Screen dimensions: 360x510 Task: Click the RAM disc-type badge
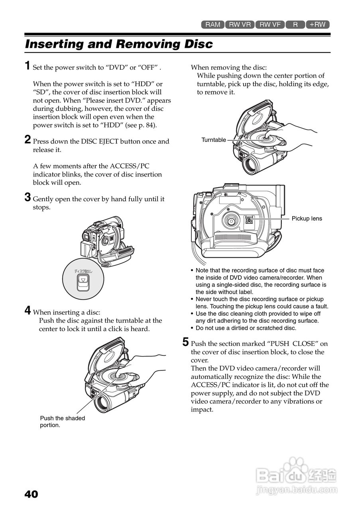(x=212, y=24)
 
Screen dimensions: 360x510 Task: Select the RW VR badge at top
(x=240, y=24)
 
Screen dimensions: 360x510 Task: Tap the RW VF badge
(x=270, y=24)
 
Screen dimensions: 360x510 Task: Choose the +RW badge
(x=318, y=24)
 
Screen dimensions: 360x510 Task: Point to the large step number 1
(x=28, y=66)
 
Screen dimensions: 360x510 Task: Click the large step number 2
(x=28, y=139)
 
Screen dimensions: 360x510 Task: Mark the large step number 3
(x=28, y=197)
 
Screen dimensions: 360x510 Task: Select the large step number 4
(x=28, y=310)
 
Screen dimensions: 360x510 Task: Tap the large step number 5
(x=185, y=342)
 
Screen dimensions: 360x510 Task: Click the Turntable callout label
(x=214, y=140)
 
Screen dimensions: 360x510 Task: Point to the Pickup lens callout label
(x=307, y=218)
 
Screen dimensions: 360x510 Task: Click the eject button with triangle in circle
(x=83, y=282)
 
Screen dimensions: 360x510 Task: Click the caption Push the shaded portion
(x=63, y=422)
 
